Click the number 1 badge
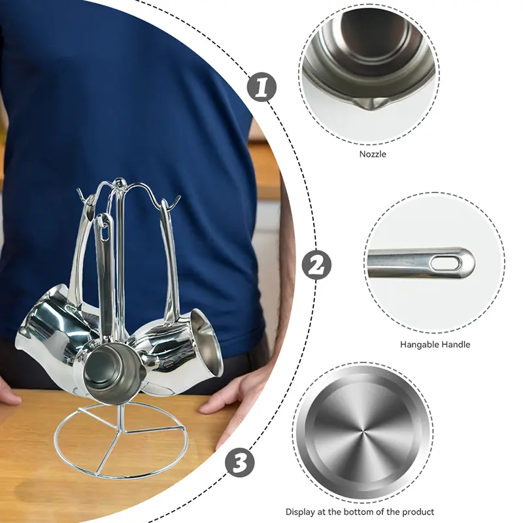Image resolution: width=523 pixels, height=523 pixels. (262, 88)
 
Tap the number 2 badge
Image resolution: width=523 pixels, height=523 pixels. (316, 265)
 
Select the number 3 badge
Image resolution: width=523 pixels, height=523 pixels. (240, 462)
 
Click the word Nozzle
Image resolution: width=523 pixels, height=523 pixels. (373, 154)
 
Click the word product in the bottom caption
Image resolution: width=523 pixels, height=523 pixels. (418, 513)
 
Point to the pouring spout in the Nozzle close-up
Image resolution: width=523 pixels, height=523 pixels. (371, 105)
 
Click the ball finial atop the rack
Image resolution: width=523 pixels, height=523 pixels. (118, 182)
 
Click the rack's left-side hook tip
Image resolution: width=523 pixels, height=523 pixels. (78, 190)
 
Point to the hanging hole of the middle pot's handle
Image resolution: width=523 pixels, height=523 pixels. (105, 233)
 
